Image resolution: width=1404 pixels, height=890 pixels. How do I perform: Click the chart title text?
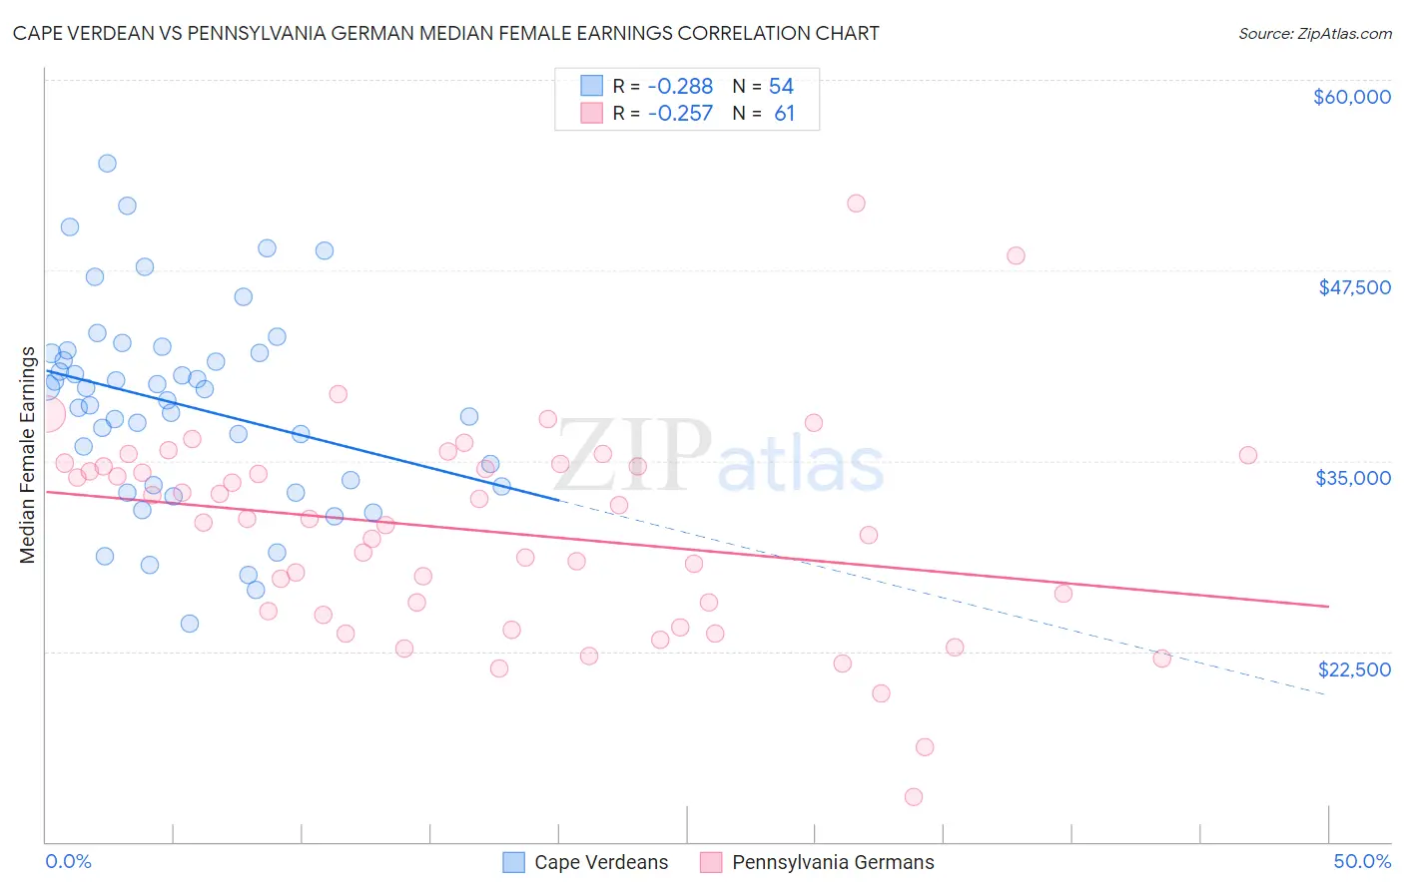pos(445,33)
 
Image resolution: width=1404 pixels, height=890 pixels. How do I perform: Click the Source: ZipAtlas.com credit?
pos(1314,34)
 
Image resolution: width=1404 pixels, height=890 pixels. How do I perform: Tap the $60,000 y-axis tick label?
pos(1351,97)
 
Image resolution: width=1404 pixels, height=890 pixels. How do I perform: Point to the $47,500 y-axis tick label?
pos(1354,287)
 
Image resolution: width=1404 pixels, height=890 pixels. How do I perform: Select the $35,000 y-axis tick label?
pos(1353,478)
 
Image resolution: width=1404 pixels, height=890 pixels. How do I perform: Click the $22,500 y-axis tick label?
pos(1354,669)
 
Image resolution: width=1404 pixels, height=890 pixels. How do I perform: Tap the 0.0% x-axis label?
pos(68,861)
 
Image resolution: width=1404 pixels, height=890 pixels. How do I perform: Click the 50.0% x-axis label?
pos(1361,861)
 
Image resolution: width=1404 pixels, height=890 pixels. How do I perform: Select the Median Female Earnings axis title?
pos(28,455)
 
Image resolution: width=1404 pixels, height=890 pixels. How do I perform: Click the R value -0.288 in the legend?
pos(680,87)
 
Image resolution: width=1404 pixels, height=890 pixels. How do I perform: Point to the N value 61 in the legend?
pos(784,114)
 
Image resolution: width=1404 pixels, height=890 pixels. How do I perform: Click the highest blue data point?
pos(107,164)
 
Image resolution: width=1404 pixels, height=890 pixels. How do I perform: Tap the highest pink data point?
pos(856,204)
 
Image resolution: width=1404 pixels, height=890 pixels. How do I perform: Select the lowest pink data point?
pos(913,797)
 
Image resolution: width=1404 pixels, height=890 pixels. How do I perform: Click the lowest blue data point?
pos(190,624)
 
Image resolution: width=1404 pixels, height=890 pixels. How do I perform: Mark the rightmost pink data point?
pos(1248,455)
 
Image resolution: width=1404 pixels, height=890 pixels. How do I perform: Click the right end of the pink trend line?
pos(1328,606)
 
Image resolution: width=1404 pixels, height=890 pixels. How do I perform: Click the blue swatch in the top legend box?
pos(592,87)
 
